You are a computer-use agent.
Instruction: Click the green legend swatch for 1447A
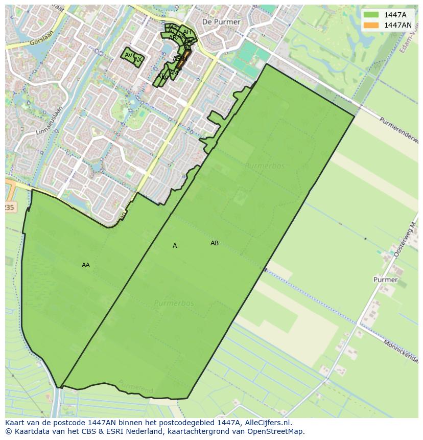[x=371, y=15]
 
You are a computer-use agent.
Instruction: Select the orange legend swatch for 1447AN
[x=371, y=25]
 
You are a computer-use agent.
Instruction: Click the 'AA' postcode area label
[x=86, y=265]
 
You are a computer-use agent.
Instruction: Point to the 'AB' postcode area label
[x=215, y=243]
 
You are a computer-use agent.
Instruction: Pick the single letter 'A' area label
[x=175, y=246]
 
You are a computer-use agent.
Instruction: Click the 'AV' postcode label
[x=128, y=55]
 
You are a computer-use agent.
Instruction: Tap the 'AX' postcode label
[x=138, y=60]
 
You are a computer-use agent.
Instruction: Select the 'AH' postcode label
[x=187, y=32]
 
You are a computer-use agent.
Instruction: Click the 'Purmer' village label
[x=385, y=280]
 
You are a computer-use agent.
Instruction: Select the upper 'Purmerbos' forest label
[x=264, y=166]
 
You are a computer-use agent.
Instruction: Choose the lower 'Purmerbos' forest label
[x=174, y=303]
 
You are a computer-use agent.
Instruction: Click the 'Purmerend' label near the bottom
[x=135, y=387]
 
